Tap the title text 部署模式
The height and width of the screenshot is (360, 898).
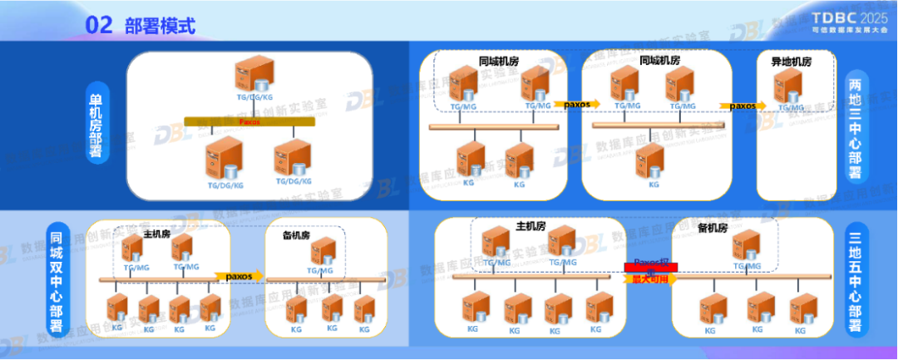coord(160,26)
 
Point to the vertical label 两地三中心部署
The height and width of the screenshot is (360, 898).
coord(855,127)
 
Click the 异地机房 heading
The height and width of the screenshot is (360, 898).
coord(791,62)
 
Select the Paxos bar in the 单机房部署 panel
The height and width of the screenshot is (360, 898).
coord(249,121)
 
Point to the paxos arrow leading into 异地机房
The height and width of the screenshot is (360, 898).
coord(743,106)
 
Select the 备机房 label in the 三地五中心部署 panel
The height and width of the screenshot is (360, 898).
coord(713,227)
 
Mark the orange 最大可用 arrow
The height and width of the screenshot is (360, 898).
coord(651,279)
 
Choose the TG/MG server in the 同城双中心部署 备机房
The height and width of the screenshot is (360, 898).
coord(324,252)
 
